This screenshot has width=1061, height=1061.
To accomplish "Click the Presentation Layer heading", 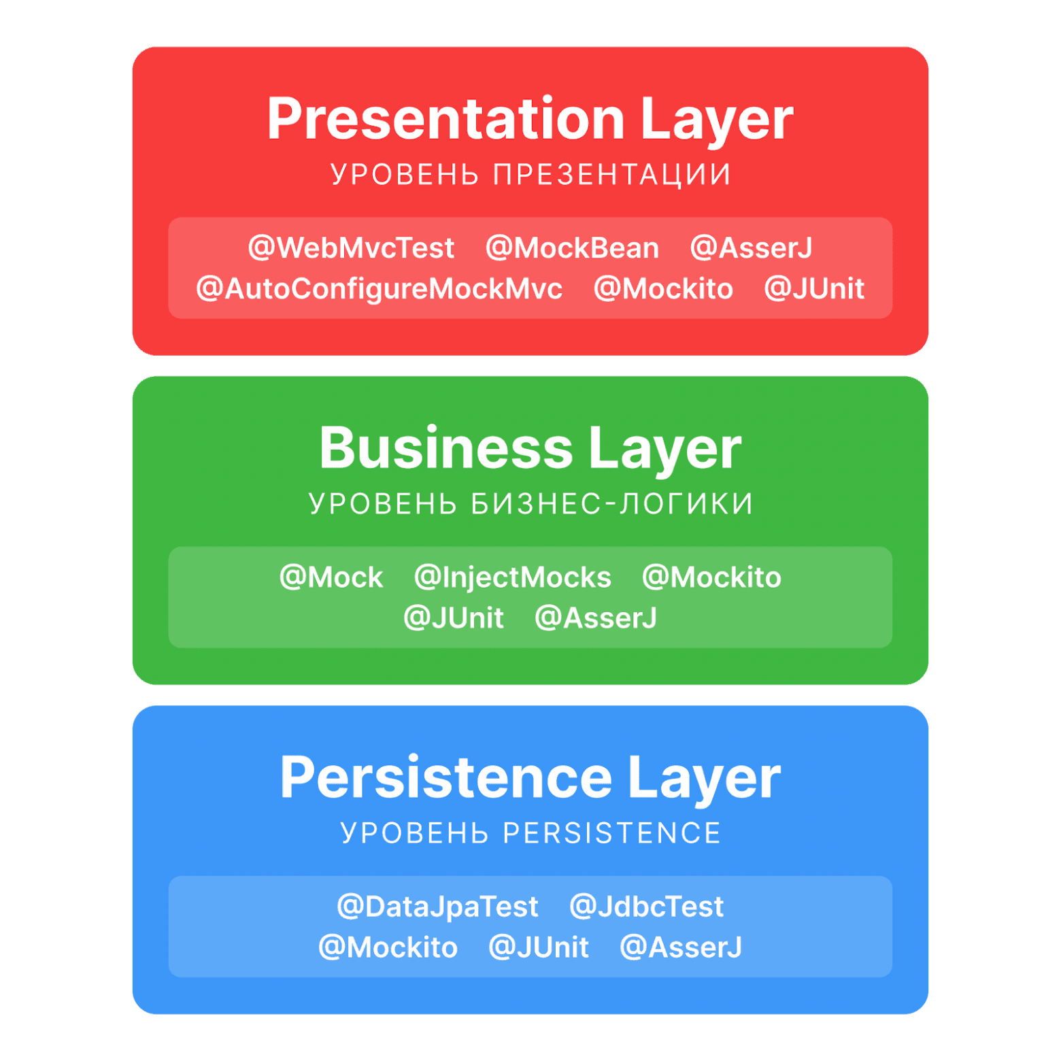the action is click(x=530, y=120).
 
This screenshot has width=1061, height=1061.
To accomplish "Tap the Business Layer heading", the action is click(x=530, y=449).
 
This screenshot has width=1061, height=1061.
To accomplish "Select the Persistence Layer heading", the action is click(x=530, y=778).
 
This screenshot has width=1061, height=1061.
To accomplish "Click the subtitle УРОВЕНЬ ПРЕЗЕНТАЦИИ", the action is click(x=530, y=175).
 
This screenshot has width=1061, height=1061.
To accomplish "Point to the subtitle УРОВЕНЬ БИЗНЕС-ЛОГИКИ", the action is click(x=530, y=504).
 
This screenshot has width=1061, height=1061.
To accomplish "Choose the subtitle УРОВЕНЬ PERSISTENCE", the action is click(x=530, y=833).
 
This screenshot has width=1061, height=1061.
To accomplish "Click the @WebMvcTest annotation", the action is click(x=351, y=248).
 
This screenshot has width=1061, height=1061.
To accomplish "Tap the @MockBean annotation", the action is click(x=572, y=248).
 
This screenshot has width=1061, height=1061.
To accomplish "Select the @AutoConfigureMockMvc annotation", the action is click(x=379, y=289).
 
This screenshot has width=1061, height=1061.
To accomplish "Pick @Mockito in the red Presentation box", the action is click(x=663, y=289).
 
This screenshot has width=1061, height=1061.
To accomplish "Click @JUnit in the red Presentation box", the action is click(x=814, y=289).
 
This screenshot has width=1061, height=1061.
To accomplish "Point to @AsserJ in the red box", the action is click(x=751, y=248).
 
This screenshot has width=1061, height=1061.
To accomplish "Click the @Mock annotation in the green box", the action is click(x=331, y=577).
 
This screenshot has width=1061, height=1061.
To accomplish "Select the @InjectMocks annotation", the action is click(x=513, y=577).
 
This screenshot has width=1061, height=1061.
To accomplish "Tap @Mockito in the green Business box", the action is click(x=711, y=577).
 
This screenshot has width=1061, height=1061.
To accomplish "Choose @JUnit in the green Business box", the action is click(x=454, y=618).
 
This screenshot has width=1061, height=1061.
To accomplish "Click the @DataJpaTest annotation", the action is click(x=437, y=907).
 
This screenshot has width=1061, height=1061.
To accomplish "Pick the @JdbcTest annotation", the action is click(x=646, y=907).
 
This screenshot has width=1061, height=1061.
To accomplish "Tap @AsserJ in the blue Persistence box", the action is click(x=681, y=947).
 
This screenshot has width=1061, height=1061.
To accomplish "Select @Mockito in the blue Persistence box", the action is click(x=388, y=947).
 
